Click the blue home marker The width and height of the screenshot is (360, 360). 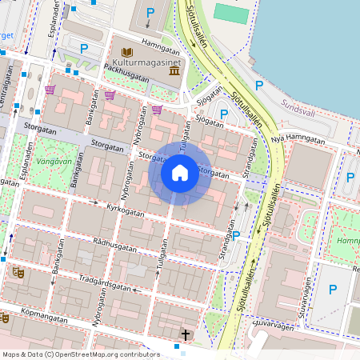180,173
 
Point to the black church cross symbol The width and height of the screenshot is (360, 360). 186,334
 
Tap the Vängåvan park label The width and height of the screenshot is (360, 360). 55,160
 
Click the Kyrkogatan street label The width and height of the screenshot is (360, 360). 126,211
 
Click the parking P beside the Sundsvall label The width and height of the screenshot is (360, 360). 258,85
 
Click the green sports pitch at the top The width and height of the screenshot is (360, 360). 232,14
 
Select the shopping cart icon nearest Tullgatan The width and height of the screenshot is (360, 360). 158,110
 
